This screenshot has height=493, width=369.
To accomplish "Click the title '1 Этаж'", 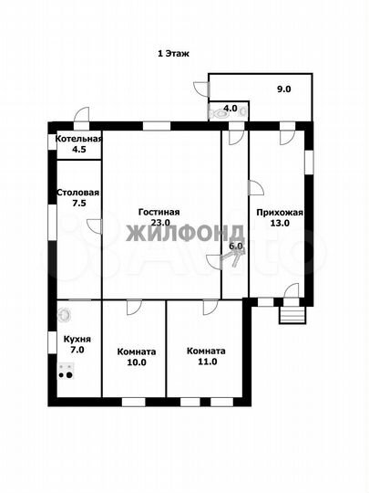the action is pos(173,54).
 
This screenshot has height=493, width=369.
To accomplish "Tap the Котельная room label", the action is pos(78,139).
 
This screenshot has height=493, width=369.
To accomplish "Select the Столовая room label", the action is pos(78,193).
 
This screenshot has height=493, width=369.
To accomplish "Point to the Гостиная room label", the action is pos(159,212).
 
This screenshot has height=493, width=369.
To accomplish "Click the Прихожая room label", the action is pos(280,213).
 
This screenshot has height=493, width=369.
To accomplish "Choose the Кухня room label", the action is pos(77,340).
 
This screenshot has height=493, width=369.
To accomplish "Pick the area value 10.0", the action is pos(137,362).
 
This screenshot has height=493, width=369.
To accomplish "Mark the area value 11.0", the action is pos(208,362).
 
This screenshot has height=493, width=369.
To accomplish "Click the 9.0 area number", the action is pos(283,89).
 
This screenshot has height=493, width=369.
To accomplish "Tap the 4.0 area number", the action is pos(230,109).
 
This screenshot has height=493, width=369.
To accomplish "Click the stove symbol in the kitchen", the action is pos(67,371).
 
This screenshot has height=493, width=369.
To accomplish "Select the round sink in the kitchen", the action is pos(65,314).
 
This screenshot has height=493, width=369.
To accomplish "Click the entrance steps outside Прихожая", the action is pos(292,315).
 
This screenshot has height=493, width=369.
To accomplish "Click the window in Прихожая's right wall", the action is pos(309,162).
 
